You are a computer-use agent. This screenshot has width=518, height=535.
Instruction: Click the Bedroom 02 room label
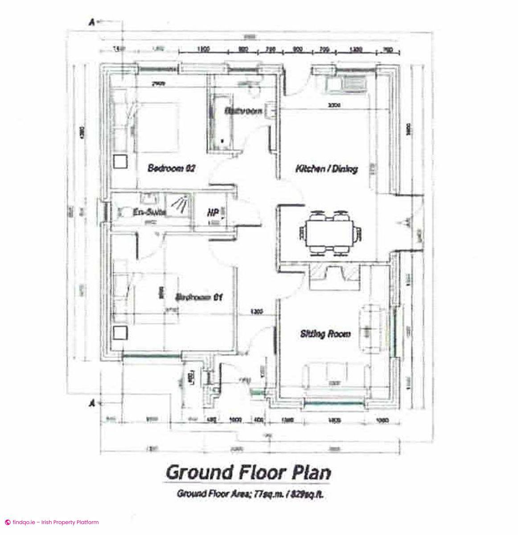[x=172, y=169]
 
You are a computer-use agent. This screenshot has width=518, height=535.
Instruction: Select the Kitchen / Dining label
[x=327, y=169]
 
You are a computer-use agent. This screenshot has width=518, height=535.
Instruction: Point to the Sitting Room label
[x=325, y=333]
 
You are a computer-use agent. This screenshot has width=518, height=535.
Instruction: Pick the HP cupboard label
[x=212, y=213]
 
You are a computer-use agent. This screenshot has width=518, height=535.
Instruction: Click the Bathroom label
[x=243, y=111]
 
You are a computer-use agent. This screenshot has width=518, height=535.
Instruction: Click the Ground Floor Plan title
[x=248, y=472]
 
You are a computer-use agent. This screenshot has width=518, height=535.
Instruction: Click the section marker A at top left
[x=92, y=23]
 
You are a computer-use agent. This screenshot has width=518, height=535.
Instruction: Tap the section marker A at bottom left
[x=92, y=403]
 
